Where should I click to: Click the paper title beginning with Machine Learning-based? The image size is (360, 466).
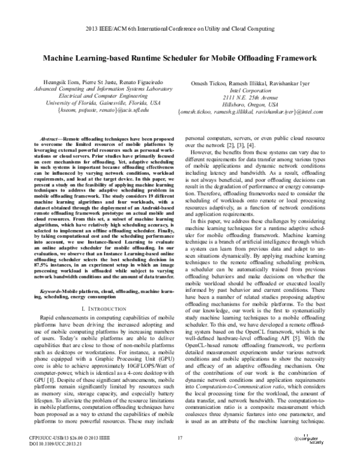(x=179, y=59)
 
